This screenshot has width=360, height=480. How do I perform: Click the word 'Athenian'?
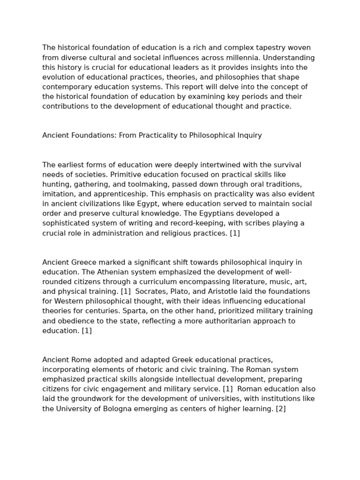[97, 272]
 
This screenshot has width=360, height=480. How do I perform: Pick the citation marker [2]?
[281, 408]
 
